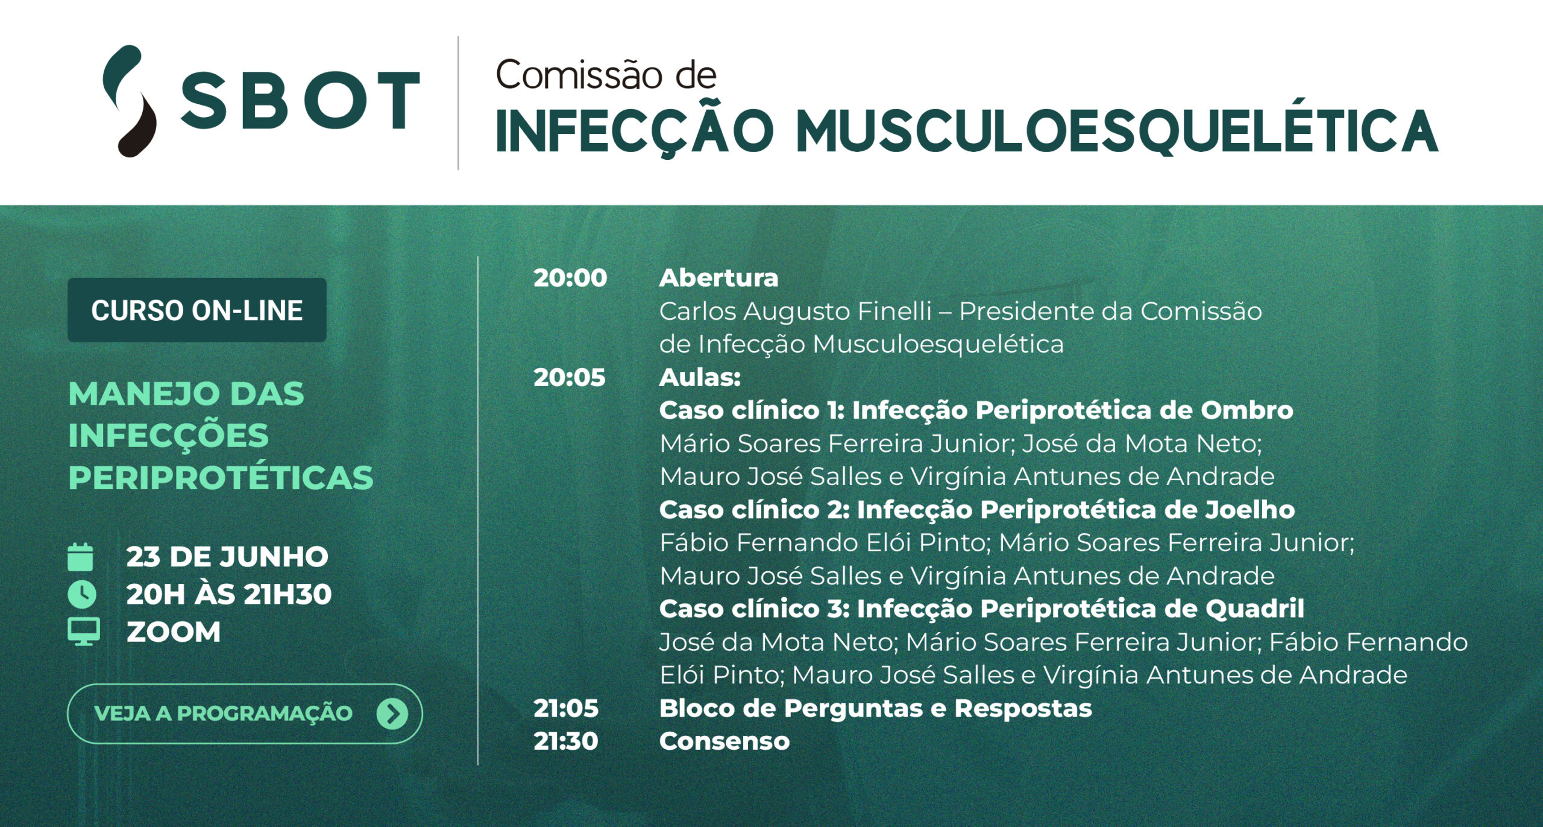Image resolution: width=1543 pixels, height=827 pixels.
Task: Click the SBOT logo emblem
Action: [x=129, y=101]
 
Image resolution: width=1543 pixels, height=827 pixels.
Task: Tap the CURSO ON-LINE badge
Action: [x=196, y=310]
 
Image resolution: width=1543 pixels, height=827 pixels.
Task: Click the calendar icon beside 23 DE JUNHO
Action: [x=80, y=557]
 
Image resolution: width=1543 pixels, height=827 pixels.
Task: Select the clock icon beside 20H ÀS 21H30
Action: [x=81, y=594]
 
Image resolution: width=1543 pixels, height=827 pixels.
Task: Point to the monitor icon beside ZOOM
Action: [x=84, y=632]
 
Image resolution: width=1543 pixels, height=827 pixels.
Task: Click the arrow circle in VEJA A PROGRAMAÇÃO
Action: [x=392, y=714]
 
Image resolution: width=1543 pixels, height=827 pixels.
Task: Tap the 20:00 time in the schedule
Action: [x=570, y=278]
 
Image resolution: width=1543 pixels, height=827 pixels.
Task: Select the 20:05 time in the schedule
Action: [x=570, y=378]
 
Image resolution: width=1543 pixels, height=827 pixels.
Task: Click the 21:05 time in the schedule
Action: [x=566, y=708]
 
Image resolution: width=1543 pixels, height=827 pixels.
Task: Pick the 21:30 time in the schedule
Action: [x=566, y=741]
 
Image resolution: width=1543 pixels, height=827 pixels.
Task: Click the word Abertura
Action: [x=718, y=278]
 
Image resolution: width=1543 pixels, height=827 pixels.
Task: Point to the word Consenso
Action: [x=724, y=741]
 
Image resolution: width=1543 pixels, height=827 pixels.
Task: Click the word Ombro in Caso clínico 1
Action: [x=1246, y=410]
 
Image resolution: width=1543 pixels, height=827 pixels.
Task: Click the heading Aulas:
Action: [x=700, y=378]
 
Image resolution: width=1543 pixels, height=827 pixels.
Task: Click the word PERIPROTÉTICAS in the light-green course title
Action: [x=221, y=478]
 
